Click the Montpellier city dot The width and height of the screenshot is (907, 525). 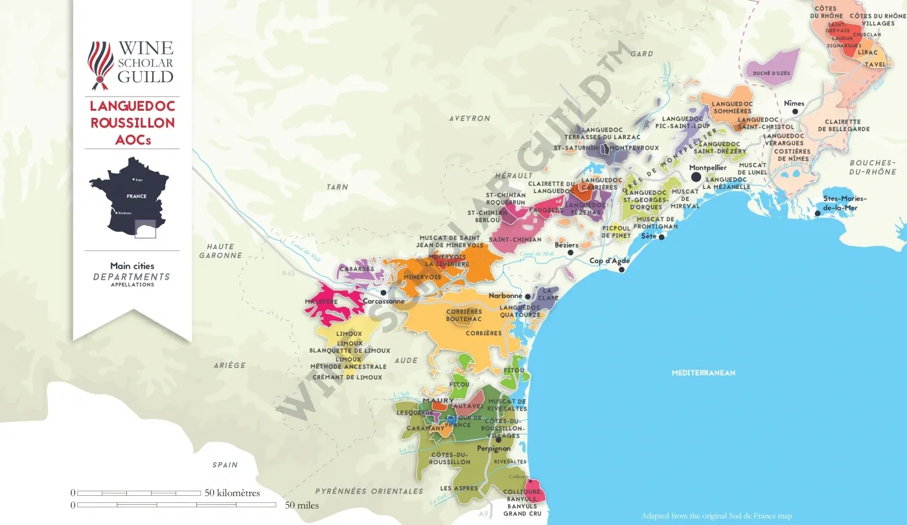pyautogui.click(x=696, y=177)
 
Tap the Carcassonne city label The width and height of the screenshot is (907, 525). pyautogui.click(x=384, y=301)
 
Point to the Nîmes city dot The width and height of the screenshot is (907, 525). pyautogui.click(x=795, y=111)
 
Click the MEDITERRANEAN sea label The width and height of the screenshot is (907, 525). pyautogui.click(x=703, y=373)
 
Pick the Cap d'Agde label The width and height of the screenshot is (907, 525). pyautogui.click(x=610, y=261)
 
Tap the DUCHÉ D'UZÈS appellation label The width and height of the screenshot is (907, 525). pyautogui.click(x=771, y=73)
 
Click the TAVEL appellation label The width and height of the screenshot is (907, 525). pyautogui.click(x=875, y=64)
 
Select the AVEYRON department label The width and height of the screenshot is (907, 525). pyautogui.click(x=470, y=118)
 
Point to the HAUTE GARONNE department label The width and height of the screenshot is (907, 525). pyautogui.click(x=220, y=251)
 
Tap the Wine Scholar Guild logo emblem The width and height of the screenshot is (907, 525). pyautogui.click(x=100, y=65)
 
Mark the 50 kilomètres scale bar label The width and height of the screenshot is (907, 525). pyautogui.click(x=232, y=493)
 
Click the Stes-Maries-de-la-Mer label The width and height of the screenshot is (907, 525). pyautogui.click(x=844, y=203)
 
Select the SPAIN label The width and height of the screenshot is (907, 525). pyautogui.click(x=225, y=465)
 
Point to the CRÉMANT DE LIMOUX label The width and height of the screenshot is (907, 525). pyautogui.click(x=347, y=377)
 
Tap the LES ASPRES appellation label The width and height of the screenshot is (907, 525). pyautogui.click(x=459, y=488)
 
